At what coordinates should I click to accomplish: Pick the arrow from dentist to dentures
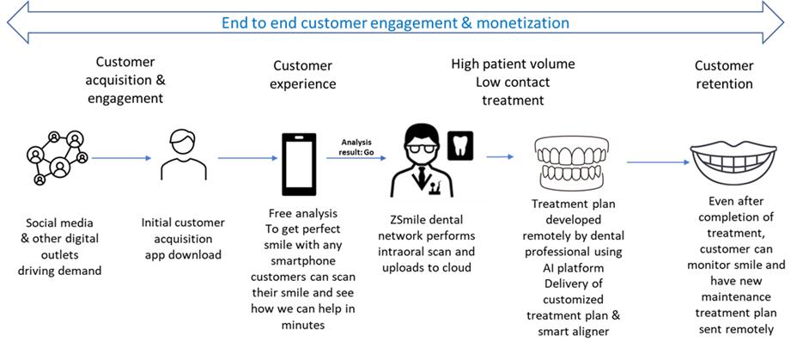500,156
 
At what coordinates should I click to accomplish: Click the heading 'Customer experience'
303,75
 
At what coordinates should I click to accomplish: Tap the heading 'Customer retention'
723,75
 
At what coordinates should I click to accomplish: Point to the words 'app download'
182,254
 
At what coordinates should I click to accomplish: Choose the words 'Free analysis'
303,213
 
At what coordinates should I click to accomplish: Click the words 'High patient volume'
513,64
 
